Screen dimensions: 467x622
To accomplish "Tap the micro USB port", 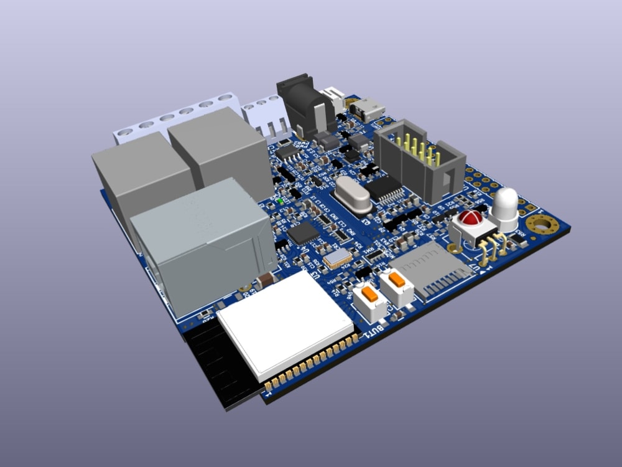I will [369, 110].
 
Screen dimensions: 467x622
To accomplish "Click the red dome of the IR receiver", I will [470, 219].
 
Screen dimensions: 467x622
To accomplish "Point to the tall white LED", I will [506, 205].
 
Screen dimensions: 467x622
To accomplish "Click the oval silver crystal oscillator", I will [353, 194].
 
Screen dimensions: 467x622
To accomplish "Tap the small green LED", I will [281, 200].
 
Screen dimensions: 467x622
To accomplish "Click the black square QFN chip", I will [303, 233].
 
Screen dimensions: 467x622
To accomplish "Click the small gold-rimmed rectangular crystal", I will [337, 258].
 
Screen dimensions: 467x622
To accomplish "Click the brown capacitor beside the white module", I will [264, 280].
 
